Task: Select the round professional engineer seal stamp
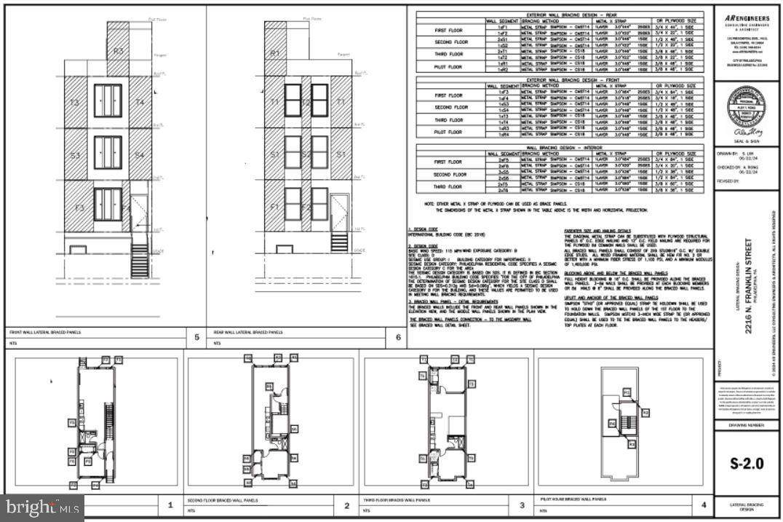(x=747, y=108)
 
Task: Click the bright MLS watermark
(x=41, y=507)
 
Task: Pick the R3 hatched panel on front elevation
(x=117, y=50)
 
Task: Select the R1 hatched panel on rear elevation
(x=275, y=52)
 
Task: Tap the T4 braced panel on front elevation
(x=140, y=102)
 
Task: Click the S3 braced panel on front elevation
(x=75, y=154)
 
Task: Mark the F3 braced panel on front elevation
(x=79, y=208)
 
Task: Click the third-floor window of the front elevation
(x=108, y=100)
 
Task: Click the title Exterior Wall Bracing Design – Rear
(x=559, y=14)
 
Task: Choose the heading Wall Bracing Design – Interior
(x=559, y=146)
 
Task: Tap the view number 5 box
(x=196, y=337)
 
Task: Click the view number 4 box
(x=703, y=504)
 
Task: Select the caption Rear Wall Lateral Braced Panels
(x=247, y=332)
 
